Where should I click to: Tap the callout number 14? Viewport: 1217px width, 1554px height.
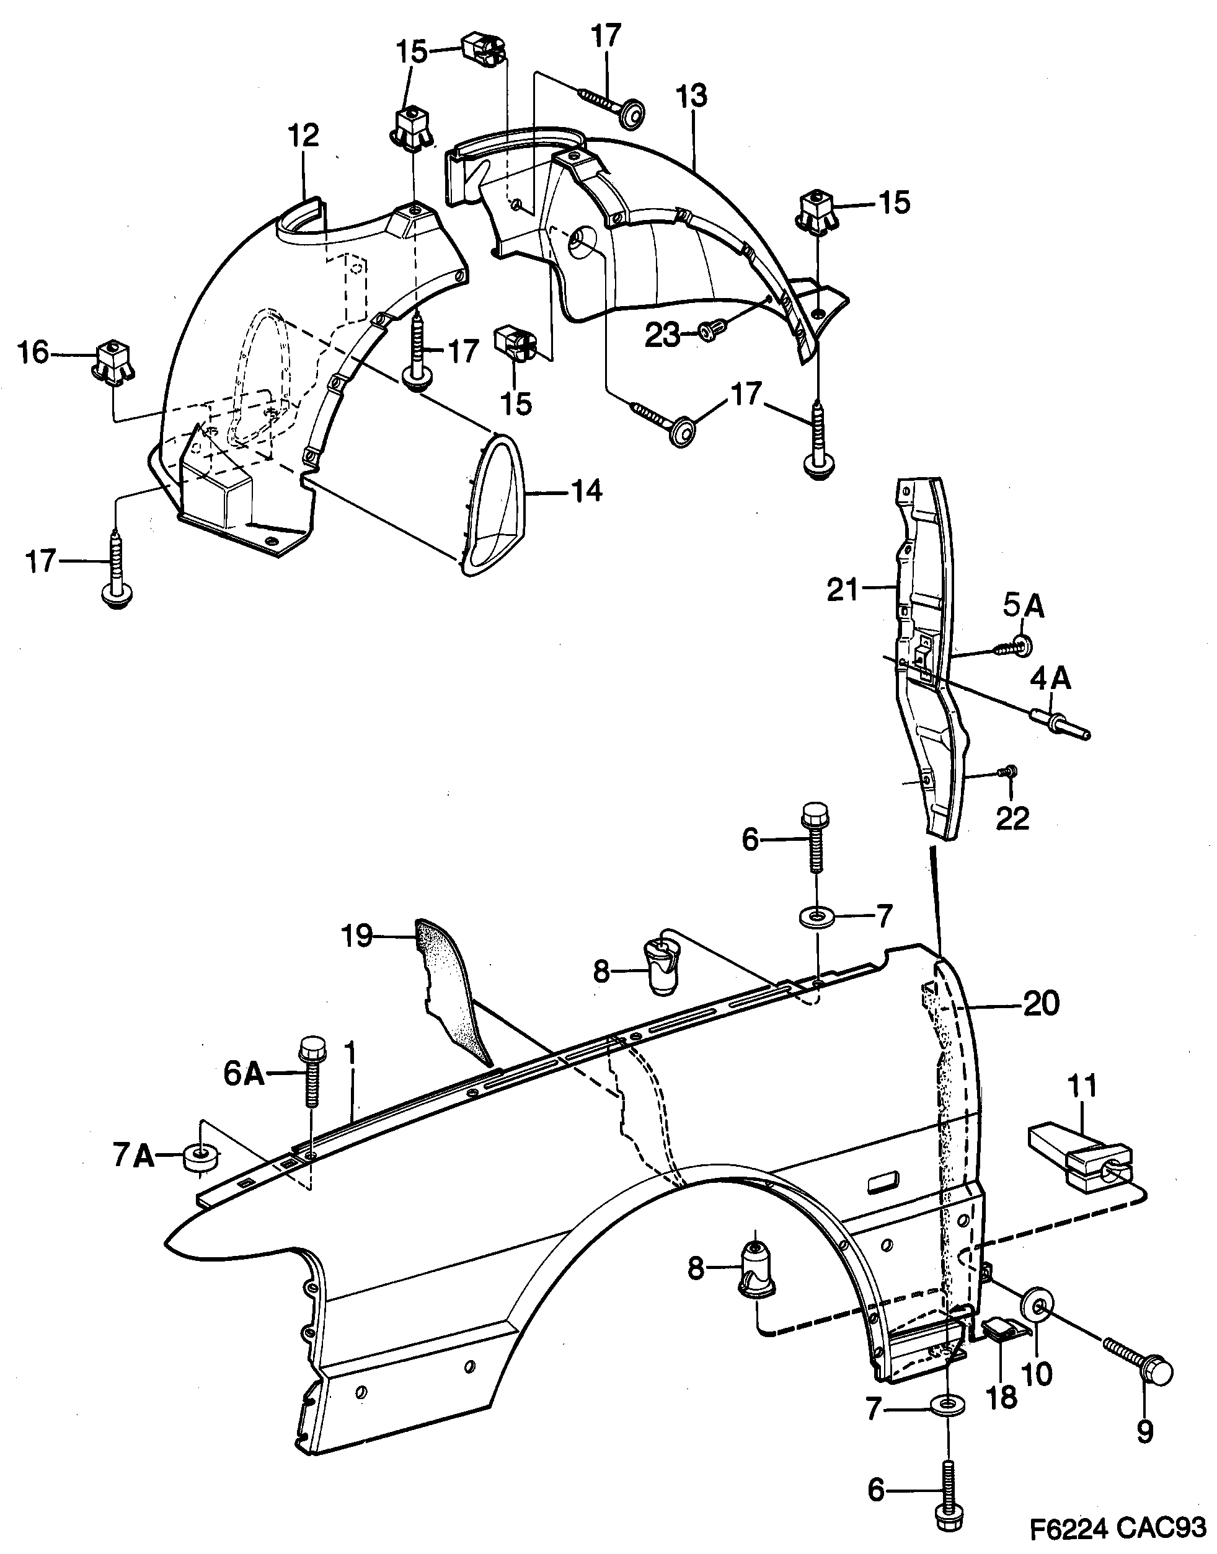587,491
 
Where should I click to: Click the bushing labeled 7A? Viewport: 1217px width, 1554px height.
198,1159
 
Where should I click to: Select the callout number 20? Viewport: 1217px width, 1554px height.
1041,1004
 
